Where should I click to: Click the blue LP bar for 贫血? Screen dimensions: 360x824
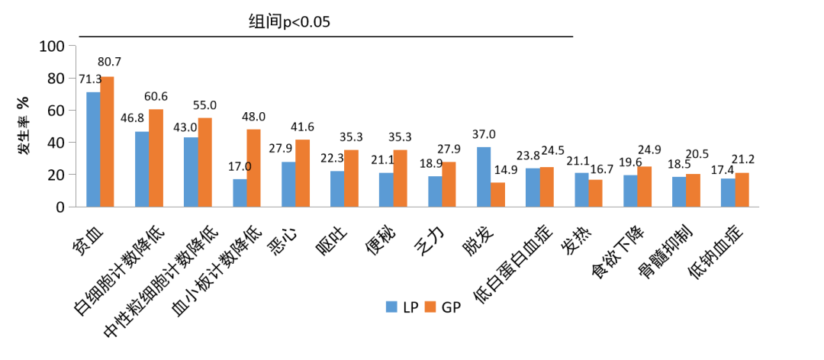93,149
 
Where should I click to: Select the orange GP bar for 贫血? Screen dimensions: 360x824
107,142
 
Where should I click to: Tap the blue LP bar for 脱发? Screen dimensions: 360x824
484,177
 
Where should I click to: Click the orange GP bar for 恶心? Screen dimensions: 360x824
302,173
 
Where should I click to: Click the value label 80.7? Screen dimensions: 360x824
111,62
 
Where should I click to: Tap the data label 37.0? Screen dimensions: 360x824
487,134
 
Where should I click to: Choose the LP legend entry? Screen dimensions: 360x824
401,307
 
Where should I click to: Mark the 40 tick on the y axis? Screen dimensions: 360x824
56,143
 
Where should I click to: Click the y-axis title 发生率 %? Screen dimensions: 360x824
24,126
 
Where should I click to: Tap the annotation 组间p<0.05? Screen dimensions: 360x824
289,21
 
